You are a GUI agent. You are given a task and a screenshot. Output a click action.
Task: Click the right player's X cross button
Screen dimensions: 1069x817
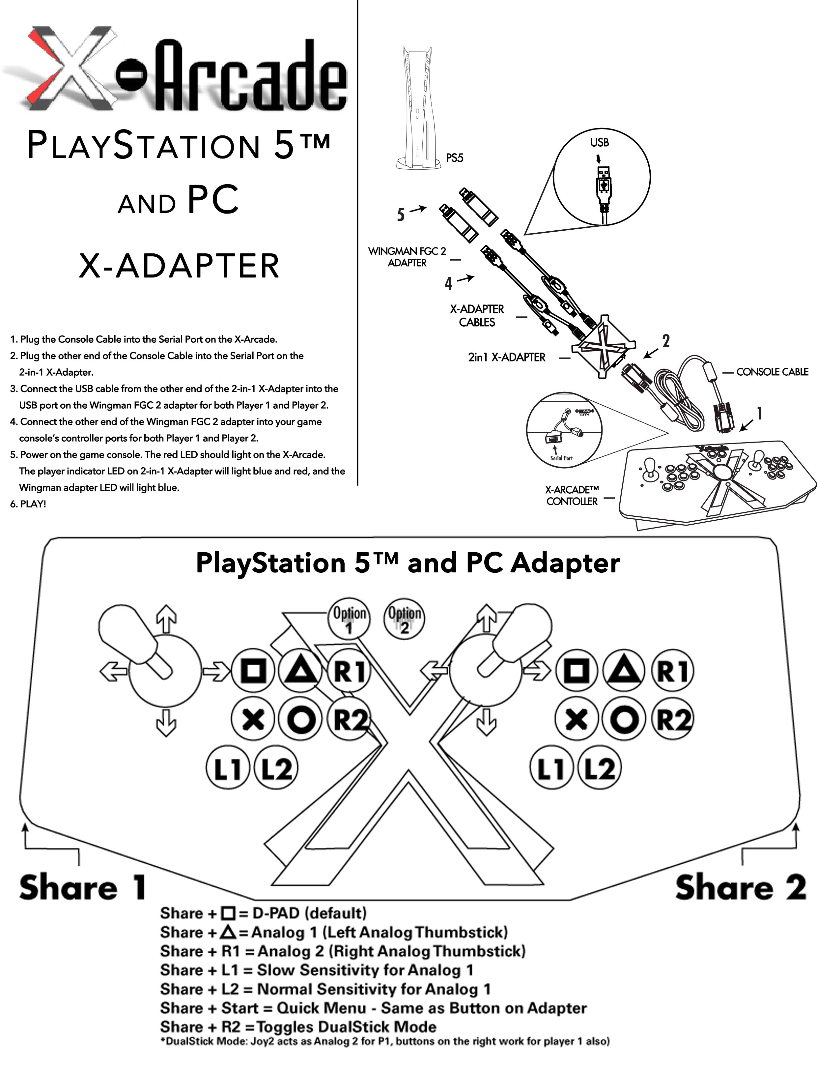pos(577,719)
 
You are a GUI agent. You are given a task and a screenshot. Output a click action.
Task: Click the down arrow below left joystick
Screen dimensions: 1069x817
pos(166,724)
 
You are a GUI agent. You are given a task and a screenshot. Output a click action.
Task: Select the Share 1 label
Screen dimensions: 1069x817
pos(83,887)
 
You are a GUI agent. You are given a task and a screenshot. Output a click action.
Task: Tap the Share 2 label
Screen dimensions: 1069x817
pos(740,887)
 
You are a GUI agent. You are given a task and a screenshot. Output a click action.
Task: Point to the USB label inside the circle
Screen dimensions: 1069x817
pos(599,142)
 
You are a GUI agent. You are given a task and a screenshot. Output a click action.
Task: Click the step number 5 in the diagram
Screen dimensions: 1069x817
pos(401,215)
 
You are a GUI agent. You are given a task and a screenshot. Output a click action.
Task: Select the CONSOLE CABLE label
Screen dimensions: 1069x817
pos(772,372)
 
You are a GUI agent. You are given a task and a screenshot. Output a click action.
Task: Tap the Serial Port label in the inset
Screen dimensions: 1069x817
pos(561,458)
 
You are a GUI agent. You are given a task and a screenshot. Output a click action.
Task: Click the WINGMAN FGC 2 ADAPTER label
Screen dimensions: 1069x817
pos(407,257)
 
